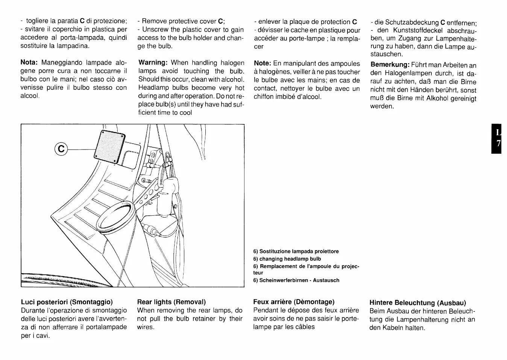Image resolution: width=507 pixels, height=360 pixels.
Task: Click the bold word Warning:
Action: tap(153, 62)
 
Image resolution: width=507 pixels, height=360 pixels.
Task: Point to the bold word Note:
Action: tap(263, 64)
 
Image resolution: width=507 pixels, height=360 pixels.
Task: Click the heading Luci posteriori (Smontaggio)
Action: tap(67, 302)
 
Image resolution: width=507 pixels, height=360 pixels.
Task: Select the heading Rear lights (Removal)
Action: tap(172, 302)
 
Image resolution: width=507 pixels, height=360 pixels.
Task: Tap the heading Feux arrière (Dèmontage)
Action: tap(294, 302)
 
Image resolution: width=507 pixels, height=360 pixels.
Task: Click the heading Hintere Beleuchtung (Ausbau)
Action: tap(417, 303)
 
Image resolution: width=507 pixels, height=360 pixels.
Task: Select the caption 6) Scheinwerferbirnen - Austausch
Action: tap(296, 280)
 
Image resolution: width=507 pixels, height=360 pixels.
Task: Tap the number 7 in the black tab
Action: tap(498, 144)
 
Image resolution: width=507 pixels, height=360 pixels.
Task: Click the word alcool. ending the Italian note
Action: tap(30, 96)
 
